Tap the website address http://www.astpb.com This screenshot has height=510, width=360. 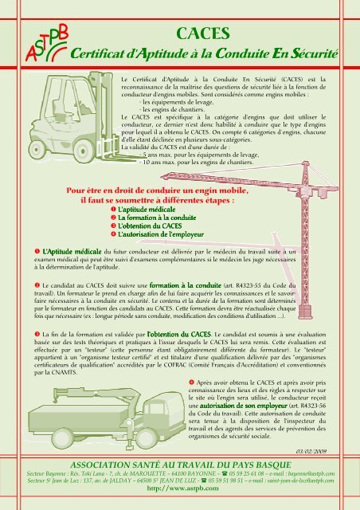point(179,491)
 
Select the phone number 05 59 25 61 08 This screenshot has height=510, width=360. point(251,473)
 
